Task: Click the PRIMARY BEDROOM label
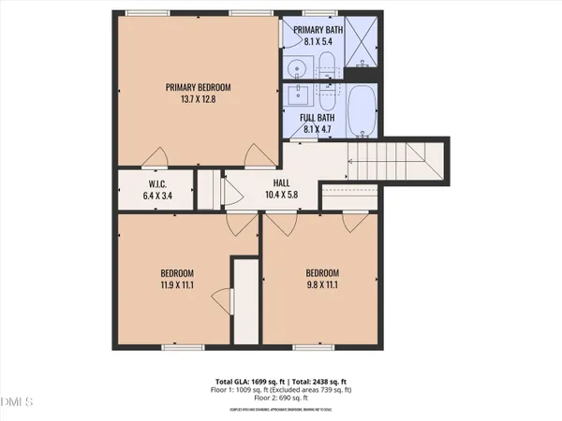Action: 198,87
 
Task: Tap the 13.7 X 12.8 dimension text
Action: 198,100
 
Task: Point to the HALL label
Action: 280,183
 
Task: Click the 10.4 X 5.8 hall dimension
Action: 280,196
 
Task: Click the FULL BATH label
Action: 318,117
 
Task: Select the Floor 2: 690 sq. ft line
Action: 280,399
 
